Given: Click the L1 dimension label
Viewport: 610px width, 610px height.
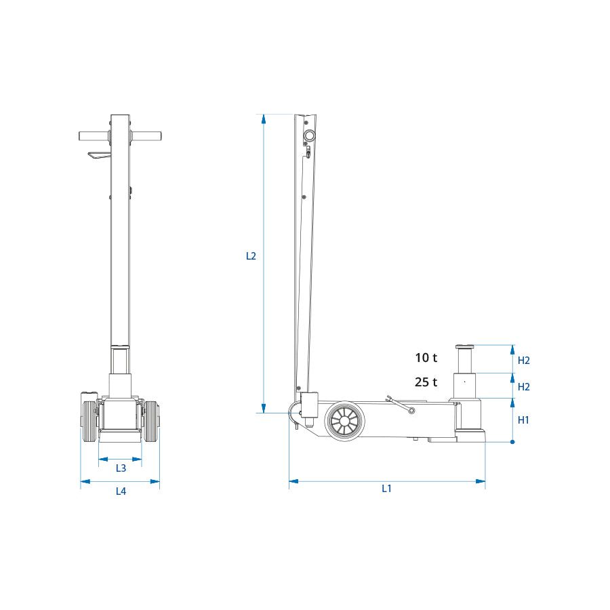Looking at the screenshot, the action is pos(386,488).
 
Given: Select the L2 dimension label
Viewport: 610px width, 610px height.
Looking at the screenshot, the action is pos(251,256).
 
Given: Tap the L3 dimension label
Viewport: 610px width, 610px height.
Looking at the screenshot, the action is pos(121,468).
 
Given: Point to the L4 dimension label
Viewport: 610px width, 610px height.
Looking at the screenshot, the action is pos(121,491).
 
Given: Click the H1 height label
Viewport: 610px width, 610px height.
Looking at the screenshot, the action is pos(523,420).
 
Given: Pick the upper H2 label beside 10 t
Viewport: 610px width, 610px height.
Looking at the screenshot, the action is pos(524,361).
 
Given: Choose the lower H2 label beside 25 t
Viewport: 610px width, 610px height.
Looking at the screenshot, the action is pos(524,387).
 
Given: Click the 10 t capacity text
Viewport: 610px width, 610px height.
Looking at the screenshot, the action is pos(426,357).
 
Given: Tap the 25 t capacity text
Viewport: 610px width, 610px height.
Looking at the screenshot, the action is pos(426,382).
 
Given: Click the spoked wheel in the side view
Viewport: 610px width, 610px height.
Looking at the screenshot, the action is pos(344,421).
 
